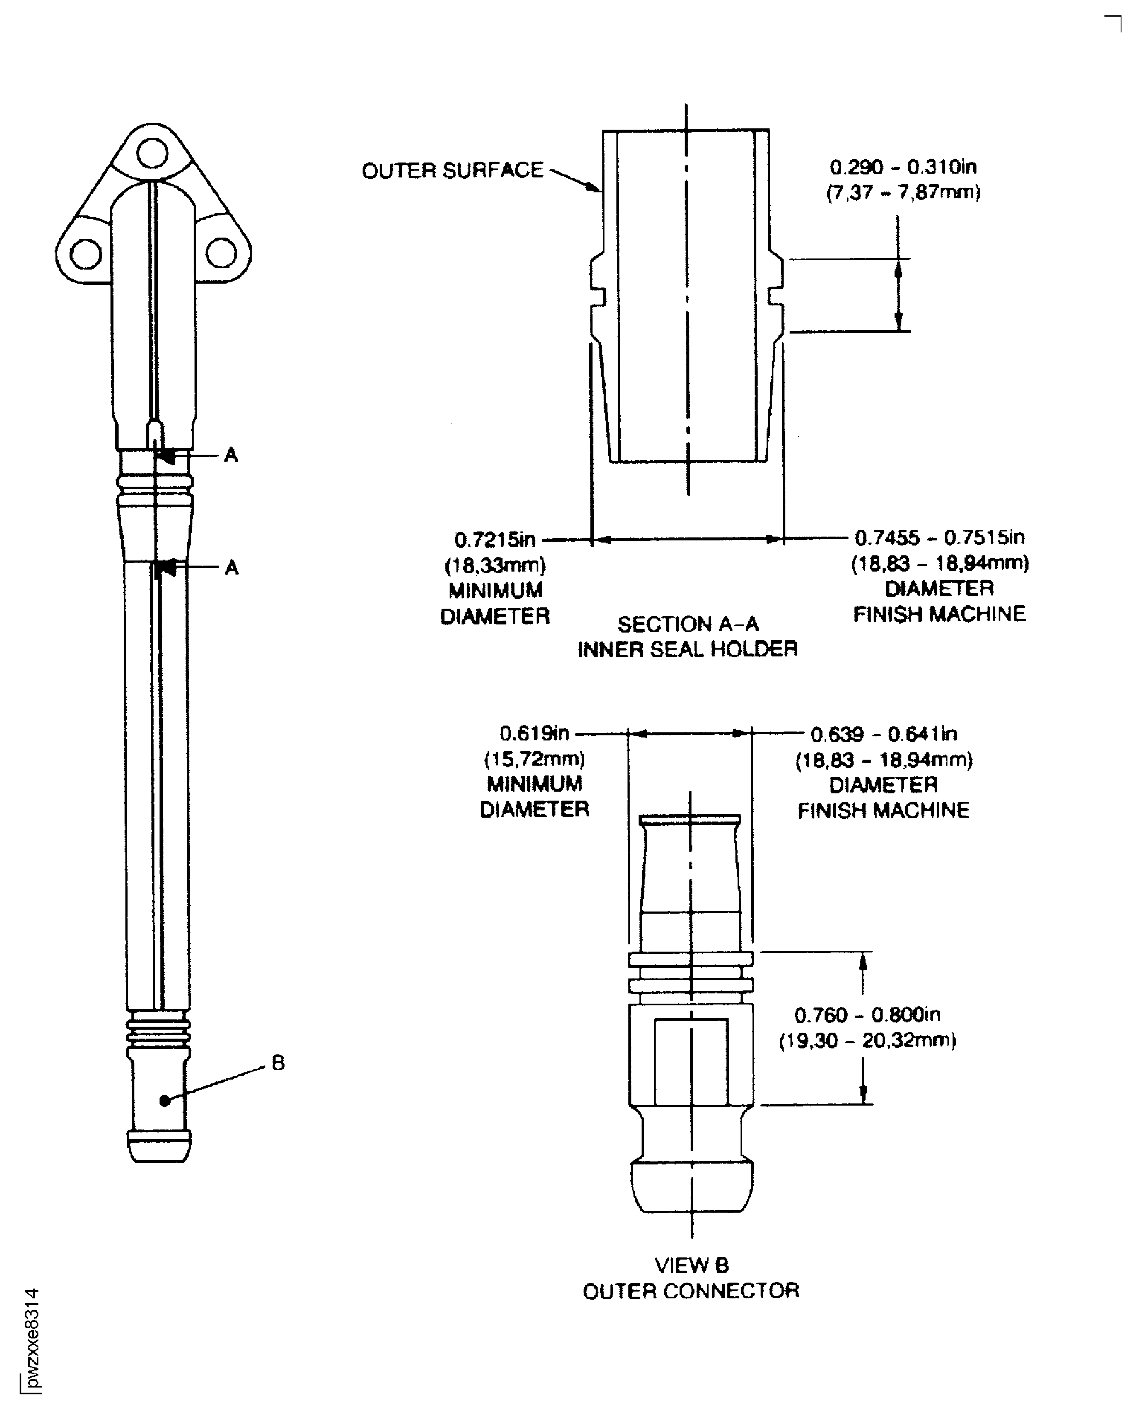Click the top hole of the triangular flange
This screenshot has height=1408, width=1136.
152,154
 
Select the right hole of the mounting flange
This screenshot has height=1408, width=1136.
221,253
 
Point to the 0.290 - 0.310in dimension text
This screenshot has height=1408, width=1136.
903,168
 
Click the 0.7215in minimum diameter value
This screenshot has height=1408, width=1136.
495,540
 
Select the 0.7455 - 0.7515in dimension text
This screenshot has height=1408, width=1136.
940,538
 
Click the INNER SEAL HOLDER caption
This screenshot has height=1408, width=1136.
687,649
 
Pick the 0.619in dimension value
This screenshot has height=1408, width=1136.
534,734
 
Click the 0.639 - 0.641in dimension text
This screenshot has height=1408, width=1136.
883,734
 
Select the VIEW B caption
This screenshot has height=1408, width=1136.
691,1266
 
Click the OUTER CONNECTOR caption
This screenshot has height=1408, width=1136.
691,1291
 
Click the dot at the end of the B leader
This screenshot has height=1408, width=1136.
165,1101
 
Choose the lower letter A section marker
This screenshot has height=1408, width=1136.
231,567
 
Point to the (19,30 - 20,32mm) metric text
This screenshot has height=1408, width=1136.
867,1040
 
